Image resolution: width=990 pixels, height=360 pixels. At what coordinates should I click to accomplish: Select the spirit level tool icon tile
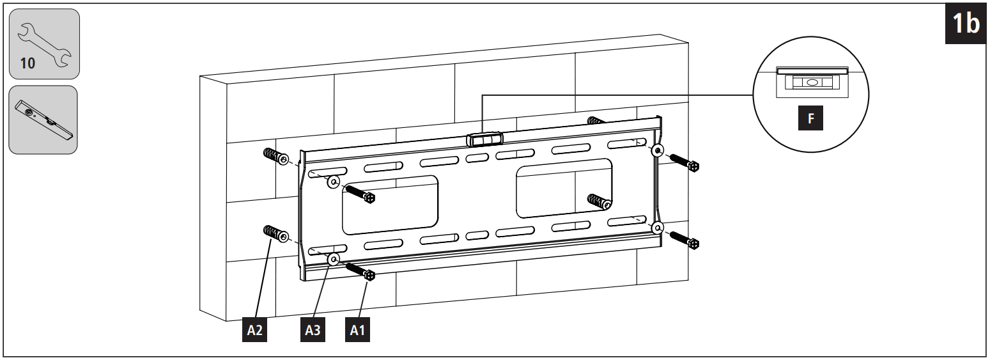43,120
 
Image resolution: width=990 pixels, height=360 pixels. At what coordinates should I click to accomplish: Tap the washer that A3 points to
333,260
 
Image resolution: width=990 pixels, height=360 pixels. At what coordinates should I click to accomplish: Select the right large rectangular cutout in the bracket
564,190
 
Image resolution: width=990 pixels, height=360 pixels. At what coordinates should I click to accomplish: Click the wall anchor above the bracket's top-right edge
596,121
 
